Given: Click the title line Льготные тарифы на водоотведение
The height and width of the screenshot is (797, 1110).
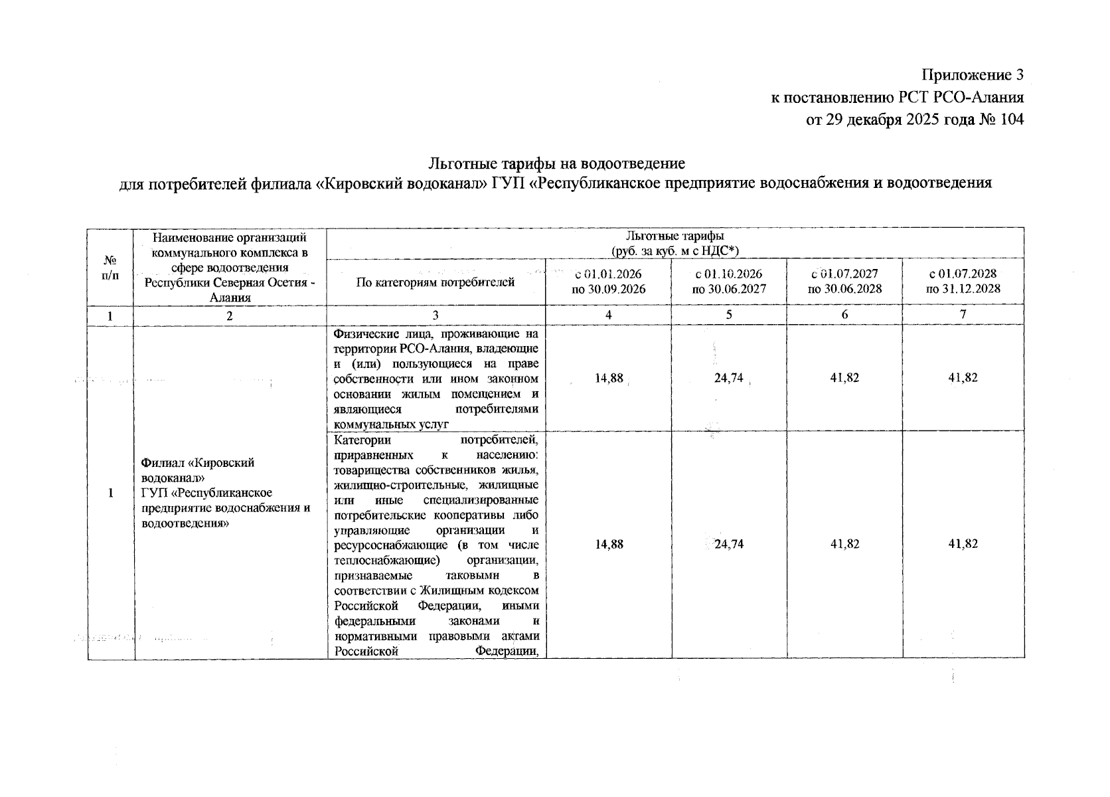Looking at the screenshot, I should tap(556, 163).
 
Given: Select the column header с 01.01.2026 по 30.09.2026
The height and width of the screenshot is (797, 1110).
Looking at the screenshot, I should tap(608, 282).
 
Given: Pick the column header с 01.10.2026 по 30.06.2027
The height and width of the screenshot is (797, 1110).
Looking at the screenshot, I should tap(729, 282).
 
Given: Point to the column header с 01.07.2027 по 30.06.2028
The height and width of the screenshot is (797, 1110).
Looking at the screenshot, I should tap(844, 282).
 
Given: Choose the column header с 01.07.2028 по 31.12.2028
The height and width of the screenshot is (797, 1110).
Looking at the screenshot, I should tap(963, 282).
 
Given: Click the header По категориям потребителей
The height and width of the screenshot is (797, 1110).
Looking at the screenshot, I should tap(436, 282).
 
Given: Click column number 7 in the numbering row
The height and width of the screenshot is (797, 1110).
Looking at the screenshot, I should tap(963, 315).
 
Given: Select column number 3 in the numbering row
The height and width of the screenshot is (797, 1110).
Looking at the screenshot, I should tap(436, 315).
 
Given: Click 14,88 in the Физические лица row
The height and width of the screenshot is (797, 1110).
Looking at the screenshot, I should tap(609, 378).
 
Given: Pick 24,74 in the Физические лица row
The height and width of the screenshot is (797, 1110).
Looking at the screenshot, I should tap(728, 378).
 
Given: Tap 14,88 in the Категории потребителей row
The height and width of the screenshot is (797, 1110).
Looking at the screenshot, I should tap(609, 544).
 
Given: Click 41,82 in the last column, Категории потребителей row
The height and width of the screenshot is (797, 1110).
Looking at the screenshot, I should tap(963, 544).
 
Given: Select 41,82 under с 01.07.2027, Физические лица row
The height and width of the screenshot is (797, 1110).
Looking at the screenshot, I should tap(844, 377).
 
